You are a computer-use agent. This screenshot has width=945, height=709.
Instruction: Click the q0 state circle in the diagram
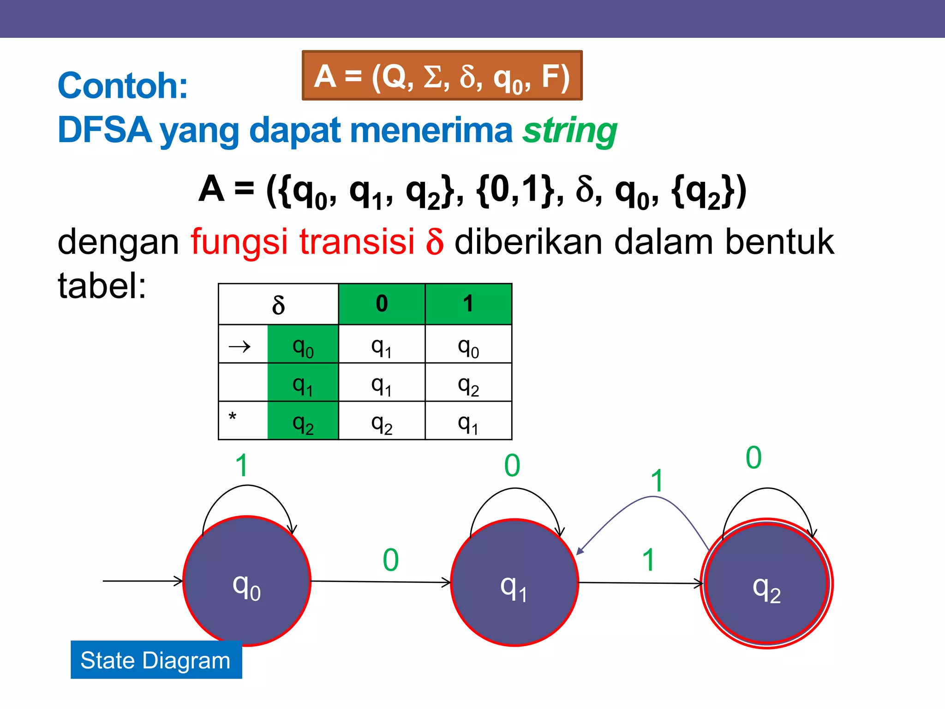tap(247, 581)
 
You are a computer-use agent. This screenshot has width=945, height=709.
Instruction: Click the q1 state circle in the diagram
tap(514, 583)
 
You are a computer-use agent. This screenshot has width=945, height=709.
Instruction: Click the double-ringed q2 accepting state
tap(767, 583)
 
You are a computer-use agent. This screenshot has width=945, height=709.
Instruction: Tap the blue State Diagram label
tap(156, 660)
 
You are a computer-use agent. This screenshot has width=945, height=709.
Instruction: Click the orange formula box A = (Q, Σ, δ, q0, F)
tap(442, 76)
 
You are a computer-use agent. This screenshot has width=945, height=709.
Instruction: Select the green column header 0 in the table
tap(382, 304)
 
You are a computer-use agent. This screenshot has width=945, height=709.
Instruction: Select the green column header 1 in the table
tap(468, 304)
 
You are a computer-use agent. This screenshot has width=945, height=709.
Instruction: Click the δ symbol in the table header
tap(278, 305)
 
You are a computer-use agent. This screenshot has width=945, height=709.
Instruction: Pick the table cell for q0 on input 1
tap(468, 347)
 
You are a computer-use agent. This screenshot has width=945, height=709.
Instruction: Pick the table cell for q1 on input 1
tap(468, 385)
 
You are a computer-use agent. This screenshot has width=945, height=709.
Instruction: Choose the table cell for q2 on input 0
tap(382, 423)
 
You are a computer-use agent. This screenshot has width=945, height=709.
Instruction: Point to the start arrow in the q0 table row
tap(240, 346)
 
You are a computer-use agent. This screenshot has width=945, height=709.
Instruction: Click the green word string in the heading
tap(570, 131)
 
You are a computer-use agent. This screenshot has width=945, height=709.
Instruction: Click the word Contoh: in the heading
tap(123, 86)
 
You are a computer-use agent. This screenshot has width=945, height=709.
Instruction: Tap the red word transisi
tap(357, 241)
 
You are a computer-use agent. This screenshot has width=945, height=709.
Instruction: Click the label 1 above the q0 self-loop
tap(242, 465)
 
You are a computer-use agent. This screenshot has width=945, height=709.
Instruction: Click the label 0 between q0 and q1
tap(390, 560)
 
